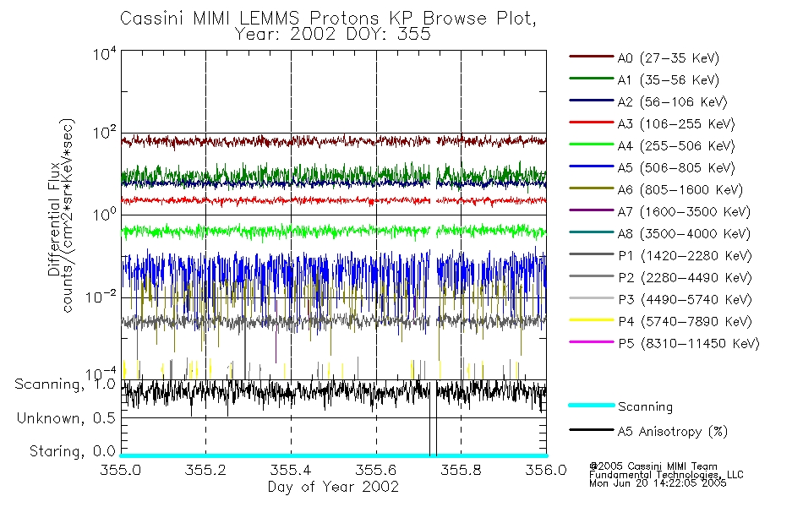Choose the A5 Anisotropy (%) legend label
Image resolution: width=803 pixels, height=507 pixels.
[x=672, y=432]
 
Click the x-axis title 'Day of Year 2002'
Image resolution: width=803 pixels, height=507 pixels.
[x=332, y=488]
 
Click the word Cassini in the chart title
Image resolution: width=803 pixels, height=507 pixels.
[x=150, y=18]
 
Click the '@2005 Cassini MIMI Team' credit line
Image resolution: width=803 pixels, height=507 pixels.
[x=653, y=466]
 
